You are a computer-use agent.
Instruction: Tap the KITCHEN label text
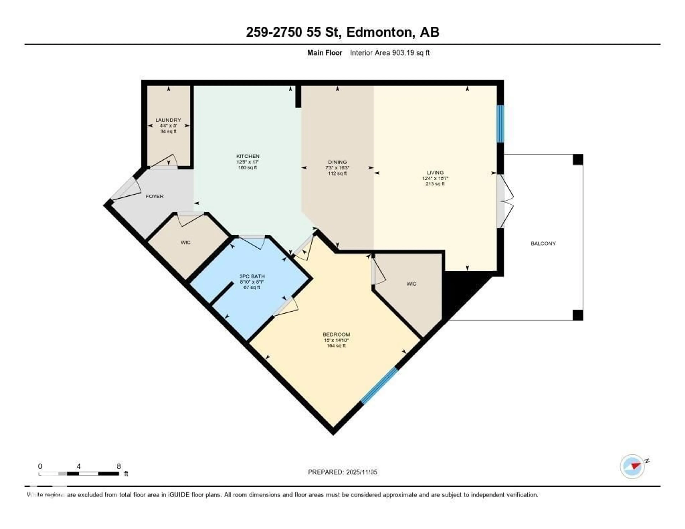coord(248,156)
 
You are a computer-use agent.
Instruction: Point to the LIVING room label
coord(435,172)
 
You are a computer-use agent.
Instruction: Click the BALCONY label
coord(543,243)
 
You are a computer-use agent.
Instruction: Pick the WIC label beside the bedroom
coord(411,284)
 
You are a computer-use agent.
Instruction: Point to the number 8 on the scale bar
coord(119,466)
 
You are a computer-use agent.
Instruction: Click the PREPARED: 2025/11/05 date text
coord(342,472)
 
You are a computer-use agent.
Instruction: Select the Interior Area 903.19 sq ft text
coord(390,53)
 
